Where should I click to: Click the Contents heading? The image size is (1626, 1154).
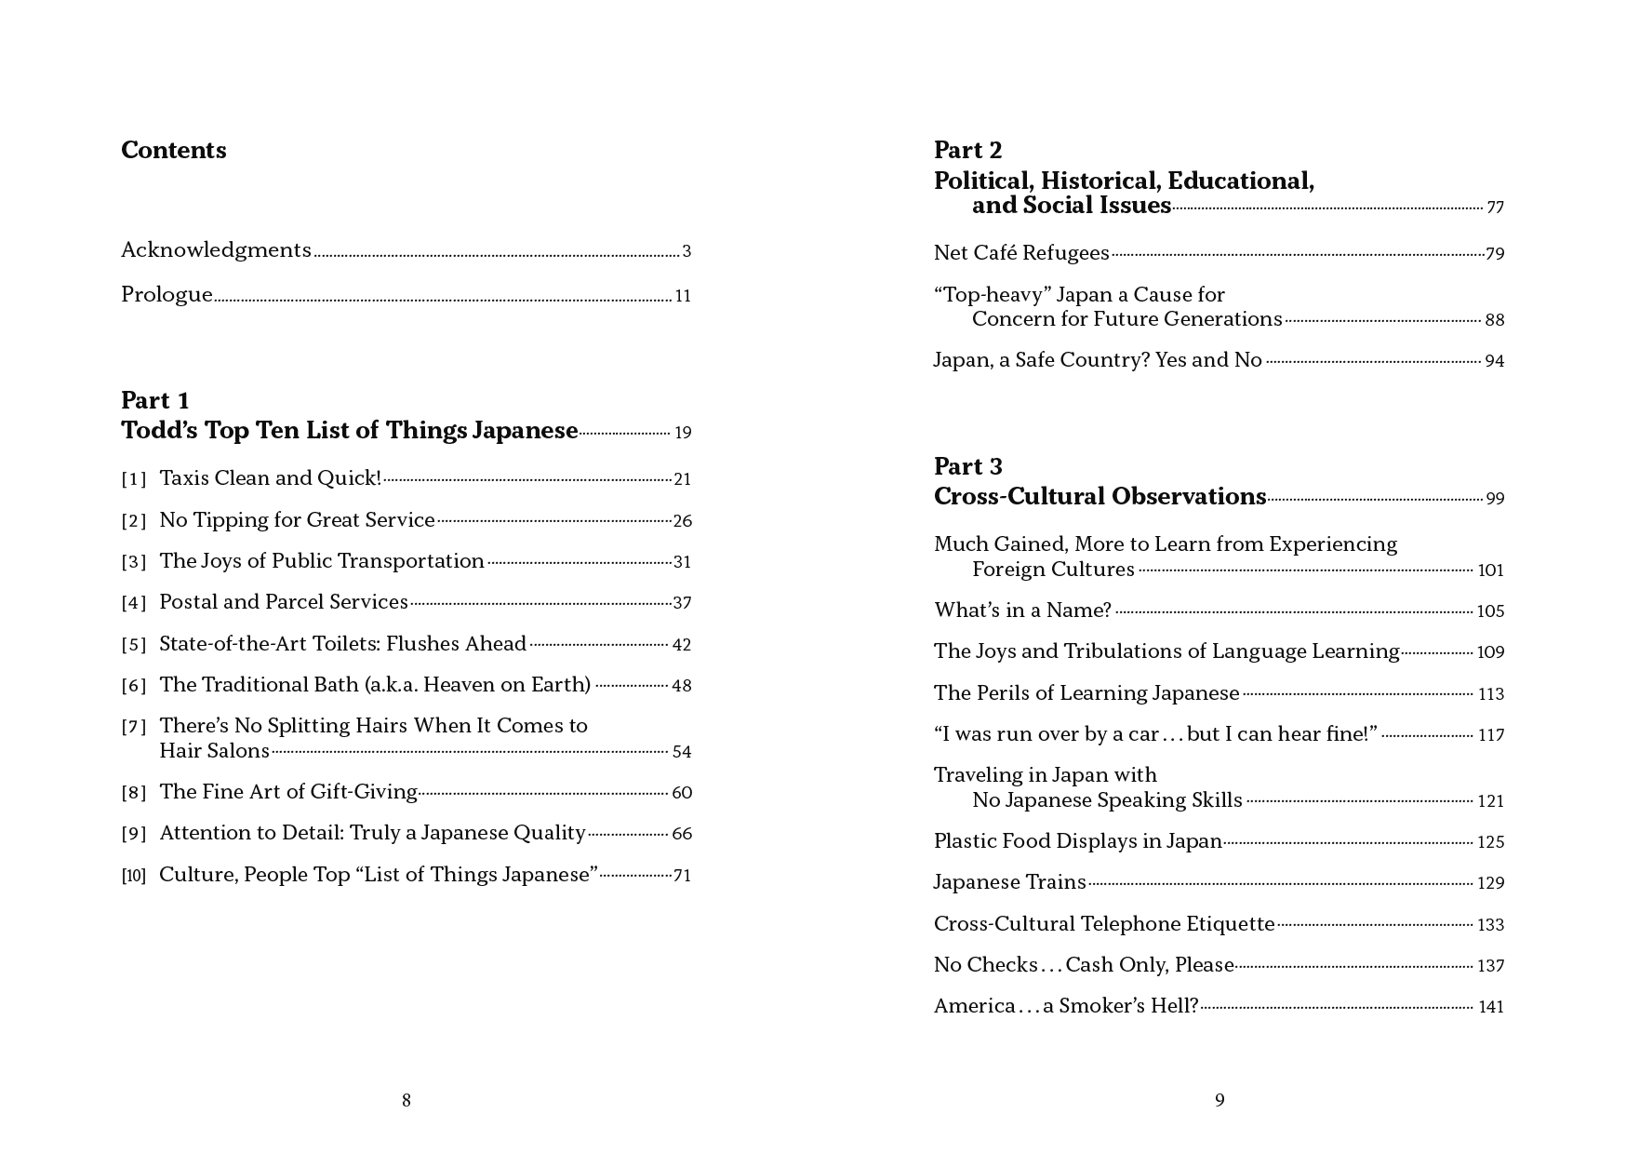click(174, 151)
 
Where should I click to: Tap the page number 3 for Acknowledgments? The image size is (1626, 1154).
click(686, 251)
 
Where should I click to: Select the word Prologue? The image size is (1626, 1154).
click(167, 295)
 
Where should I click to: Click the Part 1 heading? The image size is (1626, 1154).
click(155, 401)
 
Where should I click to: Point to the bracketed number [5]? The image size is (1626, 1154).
click(134, 645)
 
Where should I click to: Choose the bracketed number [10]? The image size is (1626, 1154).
click(134, 876)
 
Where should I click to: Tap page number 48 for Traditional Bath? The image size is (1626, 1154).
click(682, 686)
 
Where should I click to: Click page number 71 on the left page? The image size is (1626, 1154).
click(682, 876)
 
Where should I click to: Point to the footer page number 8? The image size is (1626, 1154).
click(406, 1101)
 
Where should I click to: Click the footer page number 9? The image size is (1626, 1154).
click(1219, 1101)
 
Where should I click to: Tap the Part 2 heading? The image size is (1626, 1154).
click(968, 151)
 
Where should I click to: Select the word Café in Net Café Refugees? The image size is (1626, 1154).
click(994, 253)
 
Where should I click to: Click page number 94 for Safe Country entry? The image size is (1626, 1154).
click(1494, 361)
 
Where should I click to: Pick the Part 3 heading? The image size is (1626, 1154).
click(968, 467)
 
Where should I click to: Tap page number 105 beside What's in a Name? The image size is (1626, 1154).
click(1490, 611)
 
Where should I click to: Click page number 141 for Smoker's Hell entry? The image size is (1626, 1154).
click(1490, 1007)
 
